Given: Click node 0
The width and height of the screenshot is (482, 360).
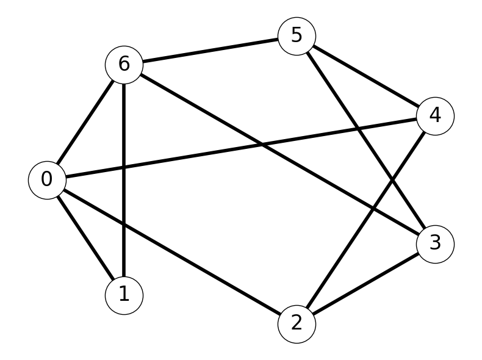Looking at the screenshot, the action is point(47,180).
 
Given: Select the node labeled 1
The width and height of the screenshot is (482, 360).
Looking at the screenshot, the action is point(124,295).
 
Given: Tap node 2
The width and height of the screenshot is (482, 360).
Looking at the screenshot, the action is point(297,324).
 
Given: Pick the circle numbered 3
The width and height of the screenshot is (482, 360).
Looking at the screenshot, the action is point(435,244).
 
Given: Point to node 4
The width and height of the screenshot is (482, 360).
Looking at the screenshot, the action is point(435,116).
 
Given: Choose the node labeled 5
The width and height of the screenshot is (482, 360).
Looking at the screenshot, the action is point(297,36).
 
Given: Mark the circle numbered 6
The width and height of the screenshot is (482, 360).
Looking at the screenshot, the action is point(124,65).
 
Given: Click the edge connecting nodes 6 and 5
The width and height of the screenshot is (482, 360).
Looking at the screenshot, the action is point(210,51).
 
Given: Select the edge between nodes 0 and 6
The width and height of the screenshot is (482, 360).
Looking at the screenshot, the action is point(85,123).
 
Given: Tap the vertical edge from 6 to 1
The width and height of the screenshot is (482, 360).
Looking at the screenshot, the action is point(124,180).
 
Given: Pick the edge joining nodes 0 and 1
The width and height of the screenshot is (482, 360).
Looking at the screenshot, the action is point(85,237).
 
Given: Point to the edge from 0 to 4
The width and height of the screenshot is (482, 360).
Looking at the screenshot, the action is point(241,148).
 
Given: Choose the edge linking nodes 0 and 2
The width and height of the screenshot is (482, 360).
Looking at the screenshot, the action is point(172,252).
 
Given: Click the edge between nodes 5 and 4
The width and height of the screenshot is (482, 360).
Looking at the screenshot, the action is point(366,76).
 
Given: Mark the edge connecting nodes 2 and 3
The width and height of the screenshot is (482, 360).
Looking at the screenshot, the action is point(366,284).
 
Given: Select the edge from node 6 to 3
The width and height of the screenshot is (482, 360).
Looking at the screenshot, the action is point(279,154).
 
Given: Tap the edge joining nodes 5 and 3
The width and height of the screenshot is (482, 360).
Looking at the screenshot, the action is point(366,140).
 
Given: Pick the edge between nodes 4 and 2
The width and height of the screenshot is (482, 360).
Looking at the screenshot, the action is point(366,220).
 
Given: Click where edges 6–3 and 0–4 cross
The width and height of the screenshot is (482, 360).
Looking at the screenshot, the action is point(262,144).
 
